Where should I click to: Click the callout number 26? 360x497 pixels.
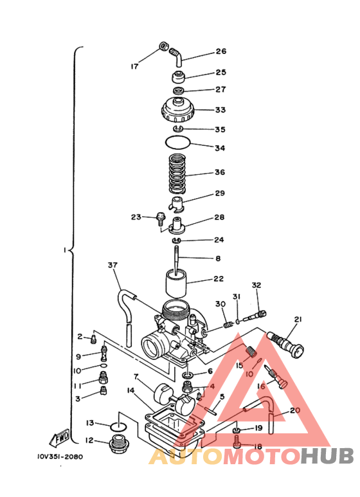click(x=221, y=51)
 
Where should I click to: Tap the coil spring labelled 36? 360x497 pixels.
click(x=177, y=174)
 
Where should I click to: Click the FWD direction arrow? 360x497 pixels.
click(x=59, y=437)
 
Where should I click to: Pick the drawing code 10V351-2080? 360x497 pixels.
click(x=60, y=456)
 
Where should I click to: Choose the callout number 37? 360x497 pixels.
click(x=113, y=265)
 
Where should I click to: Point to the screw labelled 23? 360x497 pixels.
click(x=161, y=219)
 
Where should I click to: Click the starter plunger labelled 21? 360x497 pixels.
click(x=286, y=345)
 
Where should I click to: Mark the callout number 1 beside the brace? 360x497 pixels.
click(x=64, y=250)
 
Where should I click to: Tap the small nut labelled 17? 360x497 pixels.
click(x=163, y=46)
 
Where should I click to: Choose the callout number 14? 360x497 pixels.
click(x=130, y=390)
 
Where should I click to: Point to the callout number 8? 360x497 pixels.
click(x=218, y=258)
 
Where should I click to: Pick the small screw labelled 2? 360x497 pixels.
click(x=93, y=339)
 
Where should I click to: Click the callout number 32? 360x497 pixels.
click(x=256, y=285)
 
